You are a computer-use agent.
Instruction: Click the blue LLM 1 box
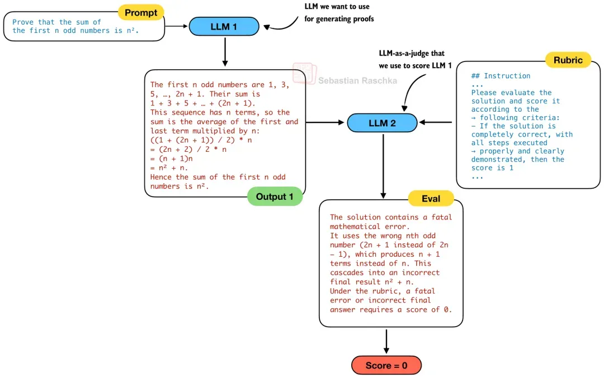[x=224, y=27]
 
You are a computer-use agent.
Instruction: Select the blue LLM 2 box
[x=382, y=123]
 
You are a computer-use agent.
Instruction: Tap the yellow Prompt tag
[x=141, y=13]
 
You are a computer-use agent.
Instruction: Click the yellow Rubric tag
[x=568, y=60]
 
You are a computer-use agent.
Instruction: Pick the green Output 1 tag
[x=275, y=197]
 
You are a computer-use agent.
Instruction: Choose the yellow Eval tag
[x=431, y=198]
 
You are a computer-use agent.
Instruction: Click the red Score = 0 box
[x=386, y=365]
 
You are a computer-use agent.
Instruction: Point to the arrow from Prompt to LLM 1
[x=176, y=26]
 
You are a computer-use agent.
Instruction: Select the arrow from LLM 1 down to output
[x=225, y=51]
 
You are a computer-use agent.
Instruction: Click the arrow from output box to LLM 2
[x=325, y=122]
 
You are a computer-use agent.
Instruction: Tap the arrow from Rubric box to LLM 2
[x=436, y=122]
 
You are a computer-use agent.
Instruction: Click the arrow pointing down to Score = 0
[x=386, y=341]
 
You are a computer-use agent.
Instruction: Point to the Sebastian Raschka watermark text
[x=357, y=81]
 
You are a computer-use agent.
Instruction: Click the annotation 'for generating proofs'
[x=339, y=19]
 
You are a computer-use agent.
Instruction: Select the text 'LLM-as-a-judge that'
[x=412, y=54]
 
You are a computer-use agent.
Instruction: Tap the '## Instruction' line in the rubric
[x=501, y=76]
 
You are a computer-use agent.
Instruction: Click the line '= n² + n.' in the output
[x=169, y=168]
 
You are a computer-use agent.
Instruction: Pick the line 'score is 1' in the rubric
[x=492, y=168]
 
